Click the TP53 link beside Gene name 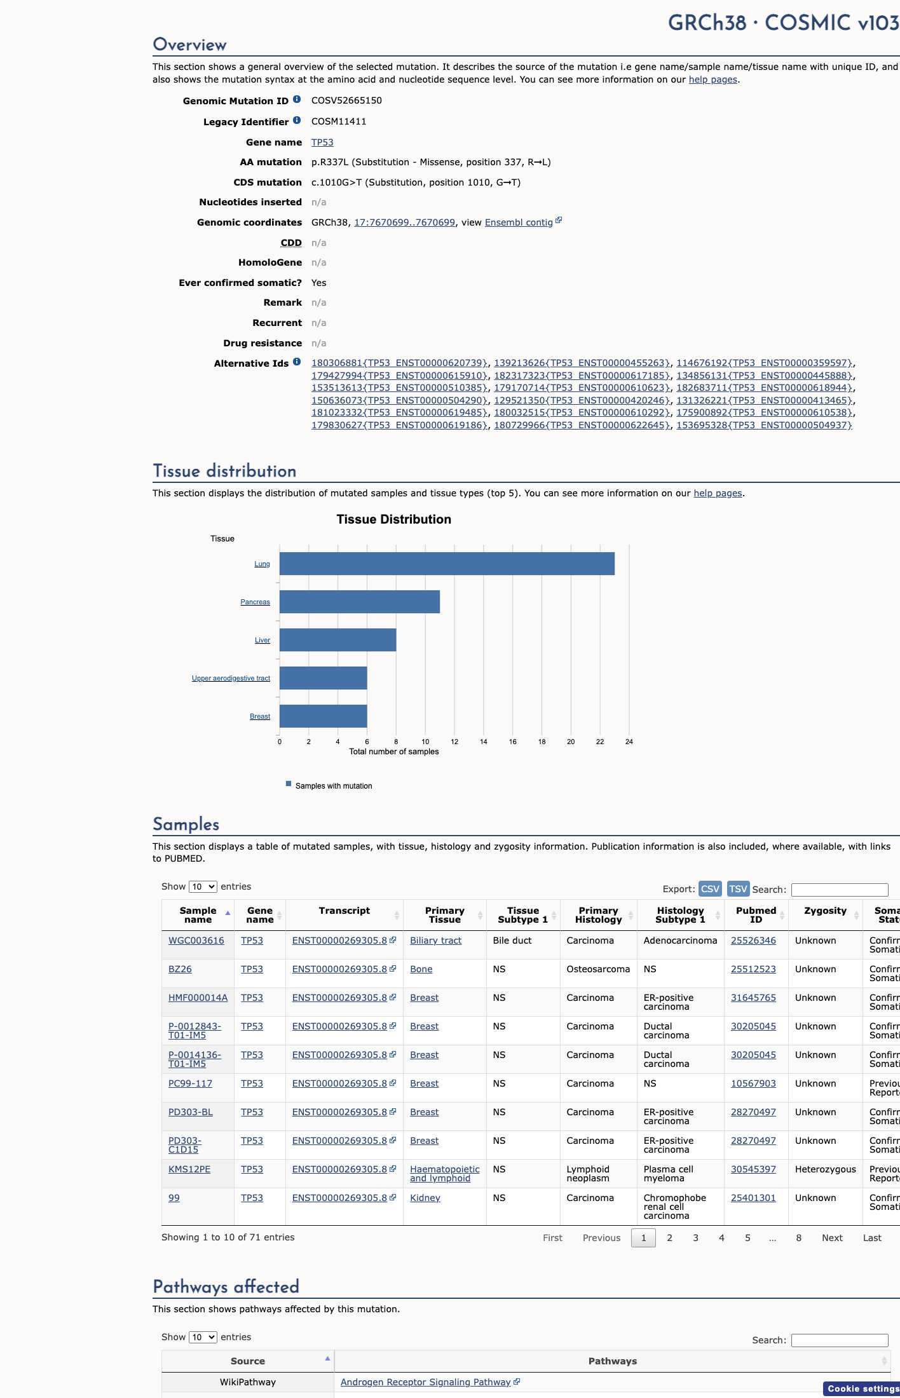click(x=322, y=142)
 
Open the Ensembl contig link click(x=519, y=222)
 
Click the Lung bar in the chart click(x=447, y=564)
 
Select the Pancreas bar click(x=360, y=602)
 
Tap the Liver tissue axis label click(x=262, y=640)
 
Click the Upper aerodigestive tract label click(x=231, y=678)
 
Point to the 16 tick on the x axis click(x=512, y=742)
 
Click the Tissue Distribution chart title click(x=394, y=519)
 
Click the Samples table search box click(x=840, y=890)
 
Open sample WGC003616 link click(x=196, y=940)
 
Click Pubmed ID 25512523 click(x=753, y=969)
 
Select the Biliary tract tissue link click(x=436, y=940)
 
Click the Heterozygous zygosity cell click(x=826, y=1169)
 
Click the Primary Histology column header click(x=599, y=915)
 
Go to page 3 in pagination click(x=696, y=1238)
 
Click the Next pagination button click(x=832, y=1238)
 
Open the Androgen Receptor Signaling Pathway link click(x=426, y=1382)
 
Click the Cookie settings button click(x=862, y=1388)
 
